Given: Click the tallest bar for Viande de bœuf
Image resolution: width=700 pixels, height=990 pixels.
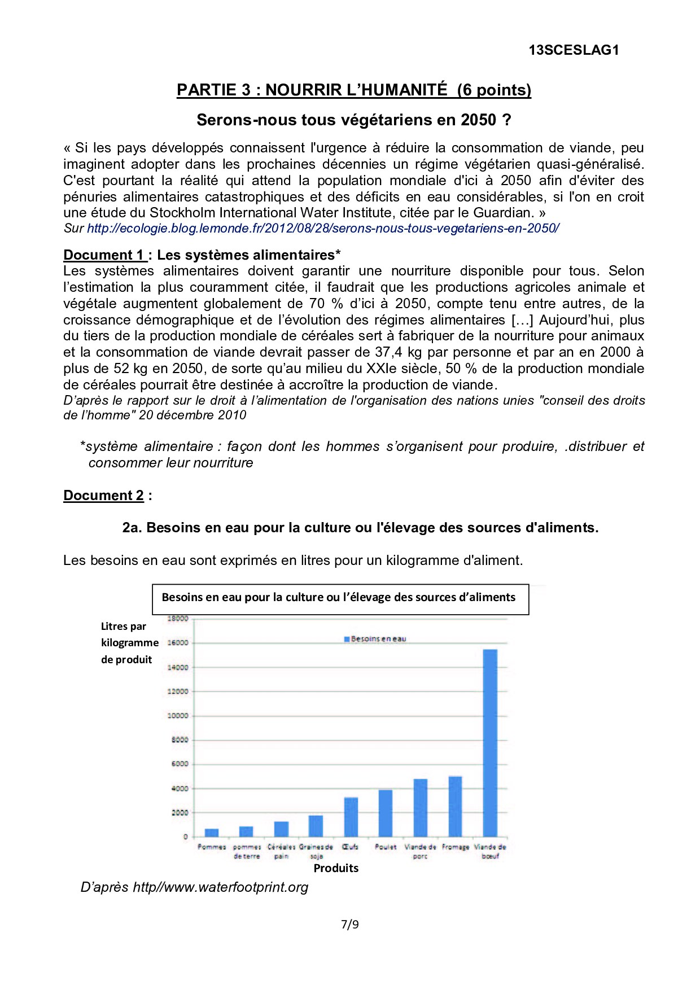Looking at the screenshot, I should click(490, 742).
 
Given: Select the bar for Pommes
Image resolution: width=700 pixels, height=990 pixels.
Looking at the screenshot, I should click(212, 833).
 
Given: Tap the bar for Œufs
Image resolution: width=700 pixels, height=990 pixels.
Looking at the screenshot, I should click(351, 817).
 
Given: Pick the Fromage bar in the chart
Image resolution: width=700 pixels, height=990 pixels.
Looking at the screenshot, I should click(455, 806).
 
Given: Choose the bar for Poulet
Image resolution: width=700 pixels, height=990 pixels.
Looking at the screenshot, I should click(386, 813).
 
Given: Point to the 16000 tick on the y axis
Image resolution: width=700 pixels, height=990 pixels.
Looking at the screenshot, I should click(178, 643).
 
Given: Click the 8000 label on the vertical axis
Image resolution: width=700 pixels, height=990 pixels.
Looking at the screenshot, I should click(180, 740).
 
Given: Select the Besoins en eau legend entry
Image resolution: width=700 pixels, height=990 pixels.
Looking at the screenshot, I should click(375, 639).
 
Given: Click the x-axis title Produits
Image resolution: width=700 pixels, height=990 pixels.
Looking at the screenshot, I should click(336, 868).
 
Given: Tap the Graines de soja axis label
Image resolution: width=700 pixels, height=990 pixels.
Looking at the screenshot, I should click(316, 851).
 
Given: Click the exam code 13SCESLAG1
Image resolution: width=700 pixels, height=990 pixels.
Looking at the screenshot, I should click(574, 50).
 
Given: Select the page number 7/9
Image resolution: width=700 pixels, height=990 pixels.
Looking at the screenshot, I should click(350, 925).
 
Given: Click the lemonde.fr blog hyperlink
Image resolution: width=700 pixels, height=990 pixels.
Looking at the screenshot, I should click(323, 229).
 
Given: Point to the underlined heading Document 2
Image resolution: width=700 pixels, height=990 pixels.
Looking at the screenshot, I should click(103, 496).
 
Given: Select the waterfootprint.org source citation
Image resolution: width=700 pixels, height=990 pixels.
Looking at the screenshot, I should click(194, 887).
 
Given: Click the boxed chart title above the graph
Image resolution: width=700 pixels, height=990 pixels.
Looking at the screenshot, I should click(339, 598).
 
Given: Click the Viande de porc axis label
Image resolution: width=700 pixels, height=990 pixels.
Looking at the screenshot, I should click(420, 851).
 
